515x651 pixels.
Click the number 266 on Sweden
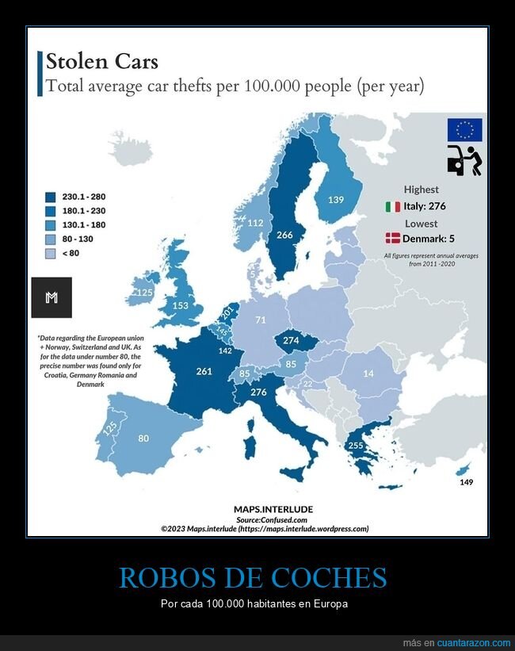point(284,235)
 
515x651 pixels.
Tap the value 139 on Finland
point(335,200)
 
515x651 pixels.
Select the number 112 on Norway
point(255,224)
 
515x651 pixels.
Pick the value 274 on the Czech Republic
point(291,340)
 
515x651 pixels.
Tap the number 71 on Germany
point(261,320)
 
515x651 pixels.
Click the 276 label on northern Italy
point(258,392)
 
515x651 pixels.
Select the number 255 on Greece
point(356,446)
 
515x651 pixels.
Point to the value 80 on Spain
point(143,438)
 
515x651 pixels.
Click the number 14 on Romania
point(368,373)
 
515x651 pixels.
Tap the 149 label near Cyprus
point(466,482)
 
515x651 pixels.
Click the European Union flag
point(464,129)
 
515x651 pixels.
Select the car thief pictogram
point(464,160)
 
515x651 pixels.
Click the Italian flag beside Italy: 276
point(392,207)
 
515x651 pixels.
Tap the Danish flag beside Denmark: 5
point(392,238)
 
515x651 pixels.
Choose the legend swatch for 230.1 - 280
point(50,197)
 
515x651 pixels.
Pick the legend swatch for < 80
point(50,254)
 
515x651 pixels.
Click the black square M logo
point(51,297)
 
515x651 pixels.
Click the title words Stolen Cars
point(102,61)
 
